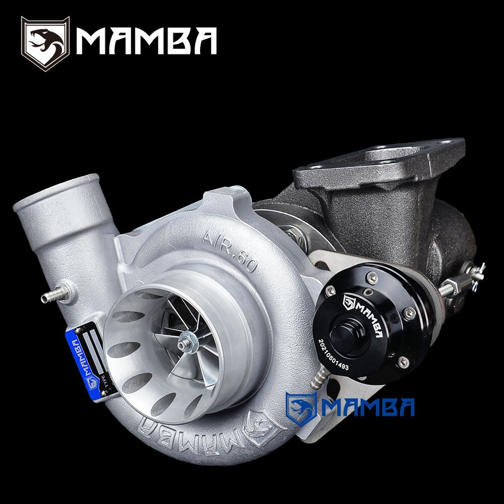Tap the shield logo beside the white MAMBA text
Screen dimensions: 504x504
(x=45, y=43)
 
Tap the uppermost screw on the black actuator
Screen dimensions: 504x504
(x=372, y=278)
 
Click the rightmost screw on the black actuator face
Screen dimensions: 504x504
(x=409, y=313)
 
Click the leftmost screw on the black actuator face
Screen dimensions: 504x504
(x=331, y=291)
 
